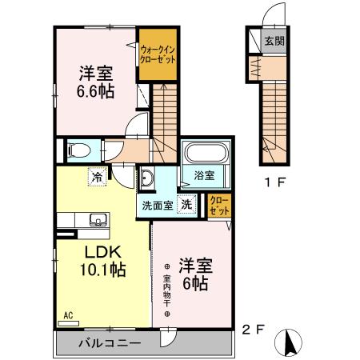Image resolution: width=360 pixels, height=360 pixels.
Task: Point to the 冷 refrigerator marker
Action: (98, 178)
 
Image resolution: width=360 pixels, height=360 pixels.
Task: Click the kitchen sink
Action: (98, 220)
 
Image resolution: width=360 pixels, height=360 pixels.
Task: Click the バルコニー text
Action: (109, 343)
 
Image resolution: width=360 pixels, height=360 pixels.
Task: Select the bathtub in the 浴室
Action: (206, 155)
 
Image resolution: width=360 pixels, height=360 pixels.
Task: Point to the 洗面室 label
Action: (158, 205)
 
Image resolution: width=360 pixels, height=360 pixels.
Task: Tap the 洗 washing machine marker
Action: (186, 204)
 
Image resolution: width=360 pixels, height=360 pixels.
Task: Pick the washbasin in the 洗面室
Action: (150, 178)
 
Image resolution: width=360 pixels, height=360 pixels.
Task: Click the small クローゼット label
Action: (218, 205)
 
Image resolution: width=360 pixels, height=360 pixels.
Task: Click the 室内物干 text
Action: (167, 289)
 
